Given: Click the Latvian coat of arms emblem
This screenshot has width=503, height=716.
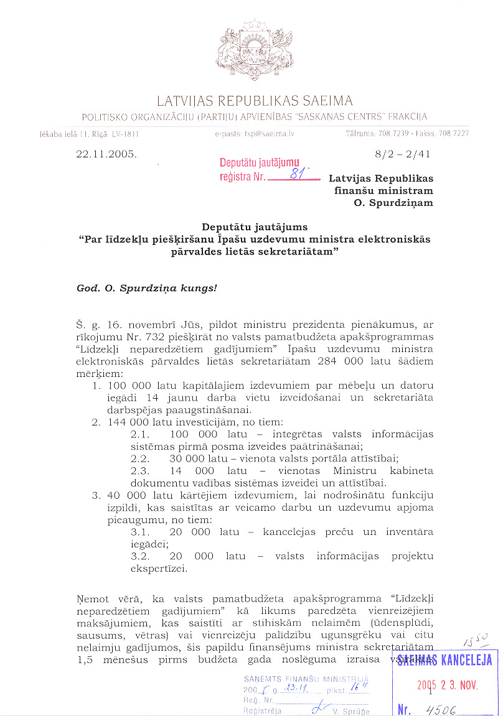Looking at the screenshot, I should click(x=255, y=50).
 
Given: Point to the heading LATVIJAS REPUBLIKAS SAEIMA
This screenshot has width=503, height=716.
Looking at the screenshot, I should click(x=255, y=101).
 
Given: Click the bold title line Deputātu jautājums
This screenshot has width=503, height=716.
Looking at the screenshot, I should click(x=254, y=227).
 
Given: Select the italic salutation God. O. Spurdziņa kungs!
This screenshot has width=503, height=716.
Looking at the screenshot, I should click(x=147, y=289).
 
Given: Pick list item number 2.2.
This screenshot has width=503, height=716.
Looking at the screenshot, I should click(x=142, y=458).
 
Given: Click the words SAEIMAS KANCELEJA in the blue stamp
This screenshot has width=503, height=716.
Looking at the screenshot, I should click(x=446, y=660).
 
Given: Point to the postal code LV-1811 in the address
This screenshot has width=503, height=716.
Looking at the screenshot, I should click(x=125, y=134).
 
